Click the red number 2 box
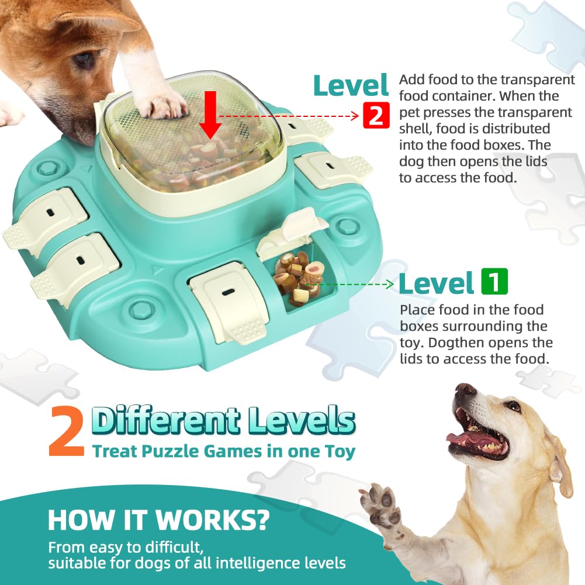coord(375,115)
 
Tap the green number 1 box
coord(494,282)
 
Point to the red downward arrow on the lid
coord(210,119)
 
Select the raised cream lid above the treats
coord(286,234)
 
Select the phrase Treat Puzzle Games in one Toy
coord(223,451)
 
